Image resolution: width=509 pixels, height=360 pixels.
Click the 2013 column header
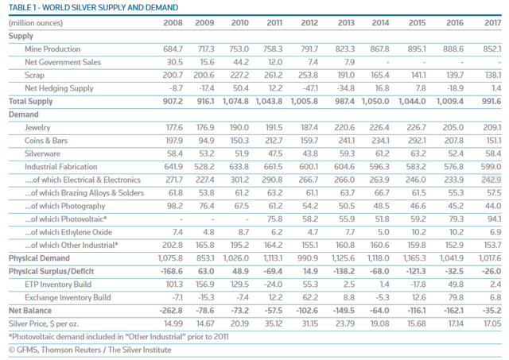pos(346,23)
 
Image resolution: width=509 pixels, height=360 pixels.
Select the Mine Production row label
pos(52,49)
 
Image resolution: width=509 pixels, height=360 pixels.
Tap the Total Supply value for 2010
pos(235,101)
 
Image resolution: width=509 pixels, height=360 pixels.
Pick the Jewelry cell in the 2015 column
pos(417,127)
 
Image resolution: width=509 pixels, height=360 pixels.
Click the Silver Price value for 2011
pos(274,323)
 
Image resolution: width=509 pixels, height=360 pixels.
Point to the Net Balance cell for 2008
pos(171,311)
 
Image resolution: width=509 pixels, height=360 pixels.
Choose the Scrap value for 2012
pos(309,75)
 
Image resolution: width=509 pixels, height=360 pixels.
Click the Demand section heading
pos(24,114)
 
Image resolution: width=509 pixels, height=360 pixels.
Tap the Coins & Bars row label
pos(46,141)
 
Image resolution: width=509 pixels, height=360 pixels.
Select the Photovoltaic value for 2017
pos(495,219)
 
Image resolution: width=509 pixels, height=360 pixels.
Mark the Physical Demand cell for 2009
pos(205,258)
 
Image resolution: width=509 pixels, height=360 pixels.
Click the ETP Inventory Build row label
pos(58,285)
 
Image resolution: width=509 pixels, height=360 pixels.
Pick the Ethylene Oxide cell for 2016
pos(457,232)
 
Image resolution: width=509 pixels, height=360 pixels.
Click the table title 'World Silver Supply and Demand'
pos(94,7)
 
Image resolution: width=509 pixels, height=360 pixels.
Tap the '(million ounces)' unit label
pos(36,23)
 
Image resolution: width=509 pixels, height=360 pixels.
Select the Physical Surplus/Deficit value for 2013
pos(344,272)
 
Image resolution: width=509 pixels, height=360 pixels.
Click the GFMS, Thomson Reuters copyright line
pos(90,350)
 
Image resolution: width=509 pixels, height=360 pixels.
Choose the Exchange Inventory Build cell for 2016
pos(457,297)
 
